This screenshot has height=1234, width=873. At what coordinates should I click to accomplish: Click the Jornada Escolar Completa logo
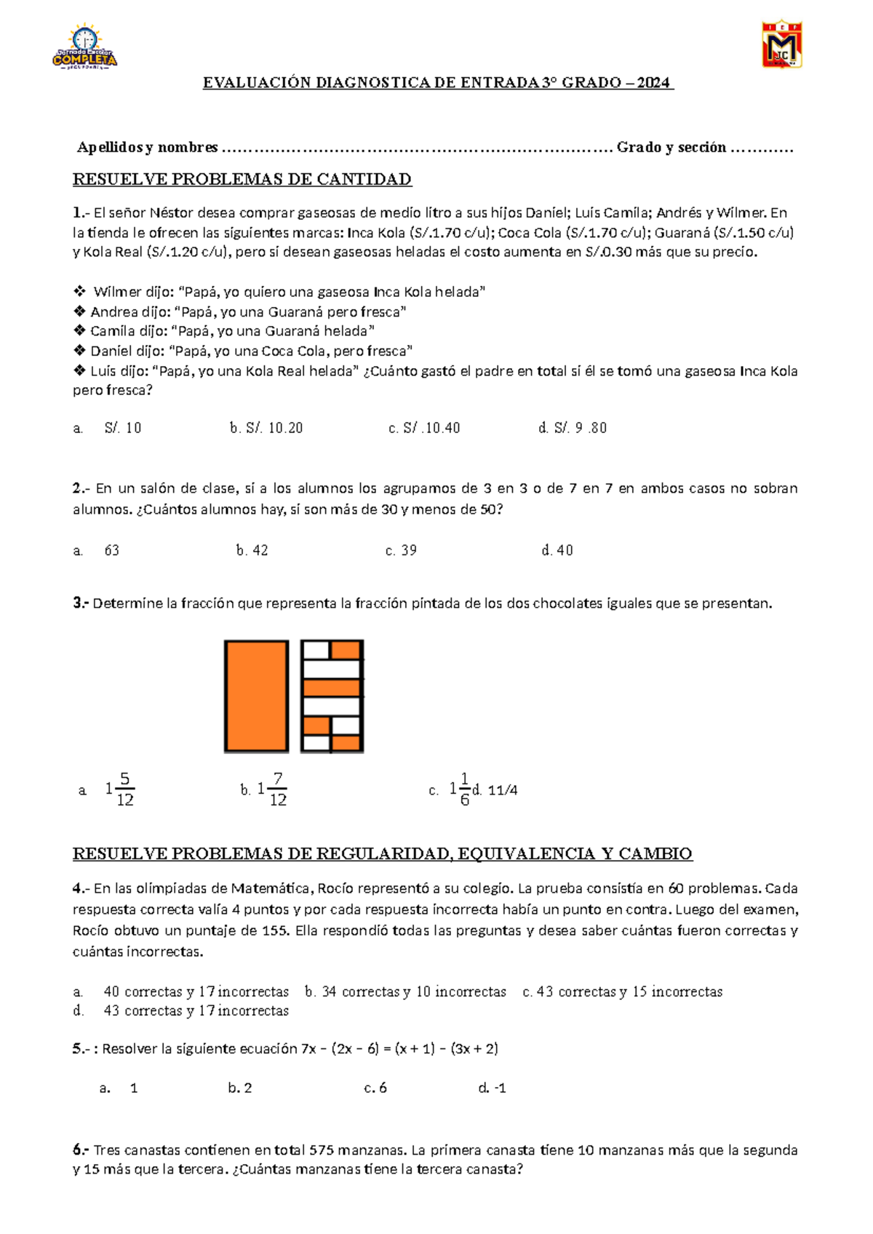coord(84,47)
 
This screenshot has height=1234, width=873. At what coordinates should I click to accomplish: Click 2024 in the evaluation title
coord(653,83)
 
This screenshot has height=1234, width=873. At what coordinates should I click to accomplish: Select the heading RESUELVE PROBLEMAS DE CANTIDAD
coord(242,179)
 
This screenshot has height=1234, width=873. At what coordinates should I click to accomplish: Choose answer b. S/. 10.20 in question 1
coord(266,428)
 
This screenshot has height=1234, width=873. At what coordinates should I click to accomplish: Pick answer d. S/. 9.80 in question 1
coord(573,428)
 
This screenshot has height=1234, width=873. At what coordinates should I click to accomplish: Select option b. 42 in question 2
coord(252,550)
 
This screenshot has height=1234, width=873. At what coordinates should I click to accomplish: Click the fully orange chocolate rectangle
coord(256,696)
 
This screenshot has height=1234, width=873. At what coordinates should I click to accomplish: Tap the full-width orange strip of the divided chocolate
coord(332,688)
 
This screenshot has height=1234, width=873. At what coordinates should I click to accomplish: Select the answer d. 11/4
coord(495,790)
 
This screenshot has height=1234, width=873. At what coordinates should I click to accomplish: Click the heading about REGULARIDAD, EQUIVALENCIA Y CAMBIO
coord(383,853)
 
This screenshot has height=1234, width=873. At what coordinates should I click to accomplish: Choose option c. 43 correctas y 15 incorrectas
coord(623,992)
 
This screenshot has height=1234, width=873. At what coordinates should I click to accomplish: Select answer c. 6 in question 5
coord(375,1088)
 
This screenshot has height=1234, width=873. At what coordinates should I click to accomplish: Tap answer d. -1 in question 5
coord(493,1088)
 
